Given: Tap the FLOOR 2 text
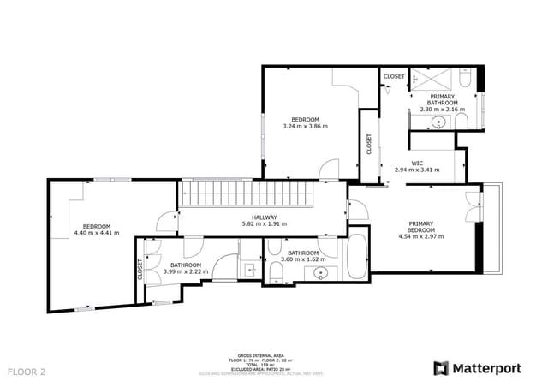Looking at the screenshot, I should coord(27,372).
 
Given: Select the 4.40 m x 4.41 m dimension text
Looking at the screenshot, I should coord(97,233).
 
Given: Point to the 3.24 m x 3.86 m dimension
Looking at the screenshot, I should coord(305,126).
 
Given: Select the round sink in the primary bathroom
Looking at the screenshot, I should coord(440,122).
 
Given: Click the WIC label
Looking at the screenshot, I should coord(417,163).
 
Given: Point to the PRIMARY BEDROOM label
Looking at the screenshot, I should coord(420,227).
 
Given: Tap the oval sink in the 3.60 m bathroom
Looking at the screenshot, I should coord(321,274).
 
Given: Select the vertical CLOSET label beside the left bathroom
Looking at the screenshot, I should coord(140,270).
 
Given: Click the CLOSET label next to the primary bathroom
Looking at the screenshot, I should coord(394,76).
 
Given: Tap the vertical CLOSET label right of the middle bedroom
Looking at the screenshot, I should coord(369,143).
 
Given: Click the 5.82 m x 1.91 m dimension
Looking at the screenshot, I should coord(264,224).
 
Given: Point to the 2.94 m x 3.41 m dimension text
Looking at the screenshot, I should coord(417,170).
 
